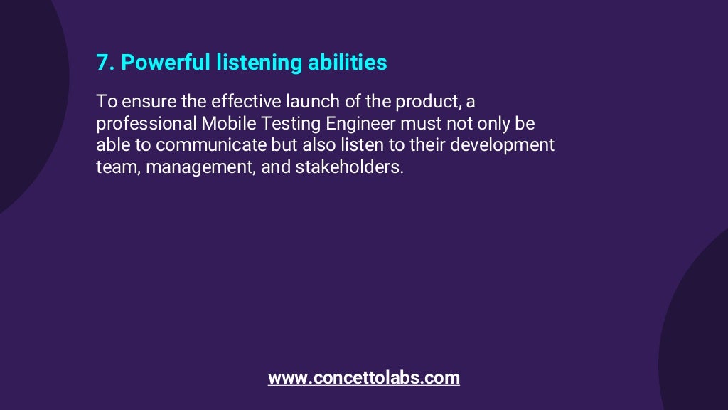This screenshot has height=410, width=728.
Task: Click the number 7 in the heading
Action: click(x=102, y=63)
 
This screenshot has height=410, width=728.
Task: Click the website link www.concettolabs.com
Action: click(x=363, y=377)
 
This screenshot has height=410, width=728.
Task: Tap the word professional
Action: click(x=146, y=123)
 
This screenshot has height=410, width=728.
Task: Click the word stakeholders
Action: click(x=348, y=168)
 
